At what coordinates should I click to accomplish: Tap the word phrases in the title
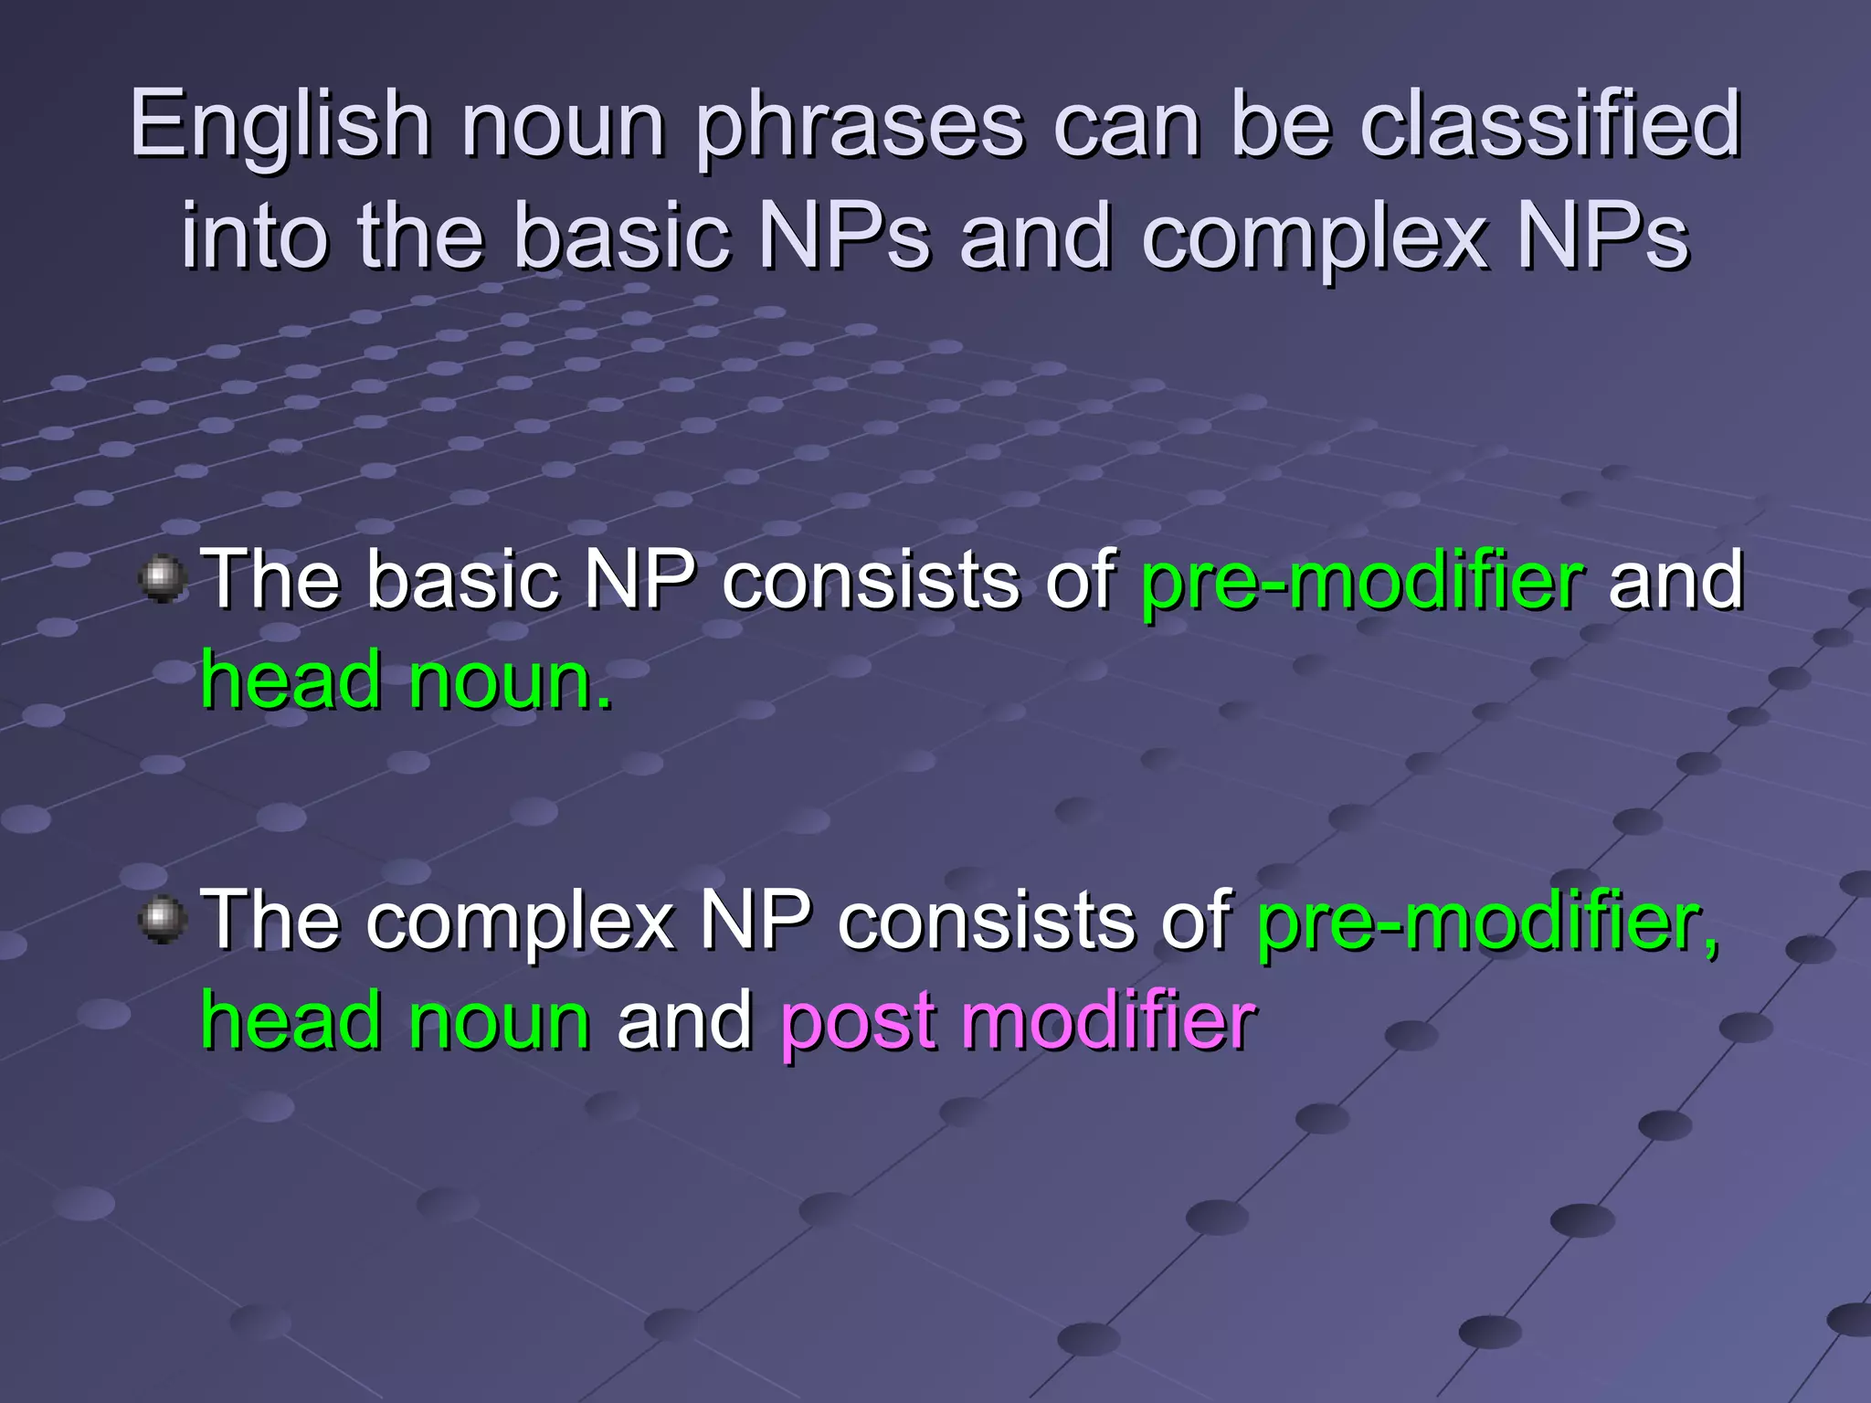(860, 126)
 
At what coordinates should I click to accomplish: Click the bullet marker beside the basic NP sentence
(164, 579)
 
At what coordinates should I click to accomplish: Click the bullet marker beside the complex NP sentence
(164, 918)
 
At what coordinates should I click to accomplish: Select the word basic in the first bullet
(462, 580)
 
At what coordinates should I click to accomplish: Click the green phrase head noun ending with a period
(407, 681)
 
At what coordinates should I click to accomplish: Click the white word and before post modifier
(684, 1020)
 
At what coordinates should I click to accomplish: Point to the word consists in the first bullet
(871, 580)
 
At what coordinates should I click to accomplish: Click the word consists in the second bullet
(987, 921)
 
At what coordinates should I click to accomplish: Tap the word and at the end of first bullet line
(1675, 580)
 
